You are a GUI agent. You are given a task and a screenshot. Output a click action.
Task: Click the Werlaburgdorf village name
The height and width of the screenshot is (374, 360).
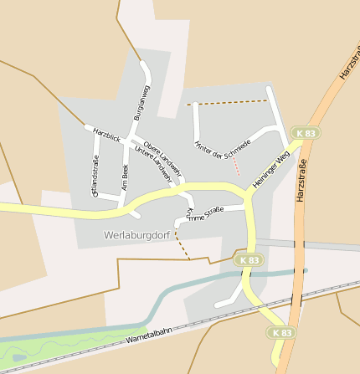click(x=137, y=235)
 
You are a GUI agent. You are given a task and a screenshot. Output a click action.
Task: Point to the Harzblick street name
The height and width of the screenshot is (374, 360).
click(x=107, y=135)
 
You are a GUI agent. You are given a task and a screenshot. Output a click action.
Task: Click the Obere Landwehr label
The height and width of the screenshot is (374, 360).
click(x=157, y=154)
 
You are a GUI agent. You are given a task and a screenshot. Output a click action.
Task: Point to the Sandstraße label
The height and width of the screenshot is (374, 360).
click(x=95, y=176)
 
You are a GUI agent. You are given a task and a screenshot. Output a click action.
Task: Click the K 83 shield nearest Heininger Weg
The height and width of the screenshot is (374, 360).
click(x=306, y=133)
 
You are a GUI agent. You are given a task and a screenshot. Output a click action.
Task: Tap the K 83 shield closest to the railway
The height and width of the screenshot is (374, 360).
click(x=282, y=332)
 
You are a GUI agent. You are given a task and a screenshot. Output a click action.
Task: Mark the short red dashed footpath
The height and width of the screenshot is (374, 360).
click(x=237, y=167)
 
